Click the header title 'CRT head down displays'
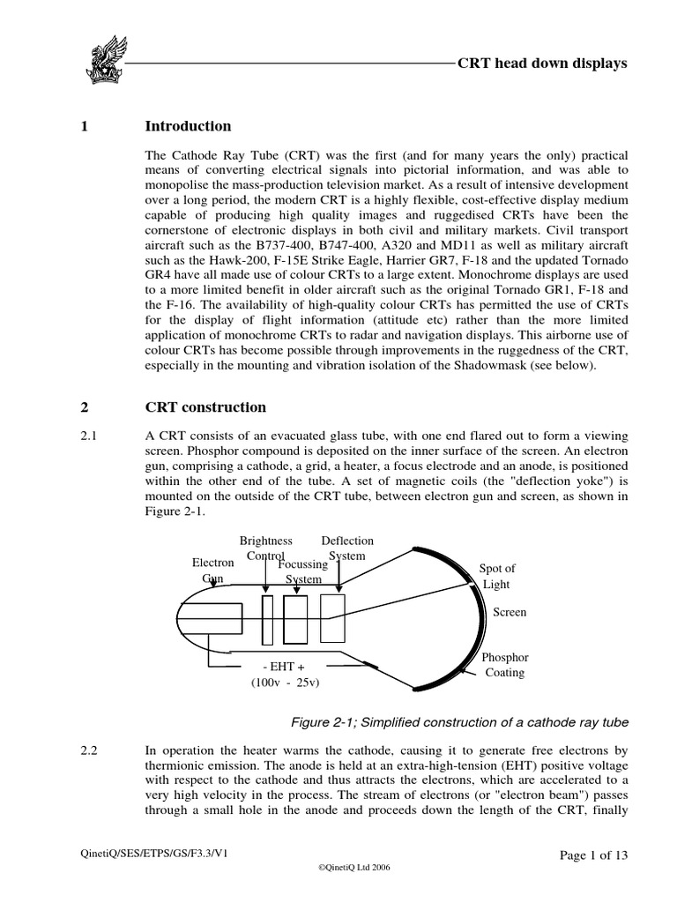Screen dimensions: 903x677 point(542,63)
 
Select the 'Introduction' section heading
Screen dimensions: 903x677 point(188,126)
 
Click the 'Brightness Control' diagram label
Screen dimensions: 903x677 point(266,548)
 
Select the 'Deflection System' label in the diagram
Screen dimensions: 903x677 point(347,548)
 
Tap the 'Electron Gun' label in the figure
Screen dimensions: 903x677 point(213,570)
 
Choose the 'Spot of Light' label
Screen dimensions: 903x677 point(497,577)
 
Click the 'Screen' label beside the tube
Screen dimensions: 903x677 point(510,612)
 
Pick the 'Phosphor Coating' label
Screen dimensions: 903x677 point(505,665)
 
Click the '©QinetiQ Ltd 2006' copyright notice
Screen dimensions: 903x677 point(352,868)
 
